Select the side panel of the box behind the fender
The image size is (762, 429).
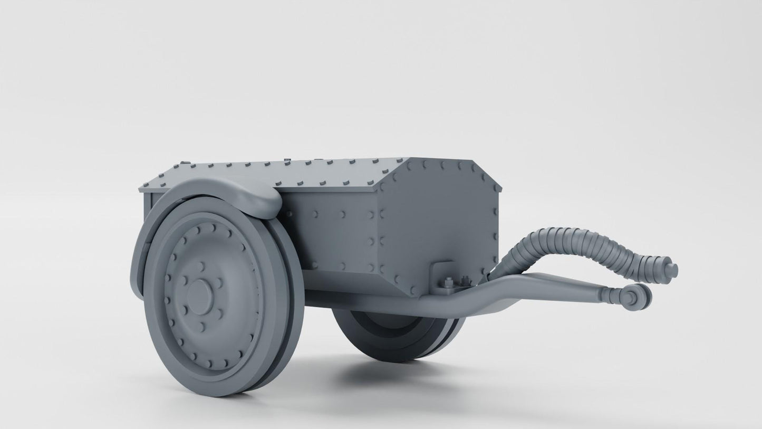(337, 232)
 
